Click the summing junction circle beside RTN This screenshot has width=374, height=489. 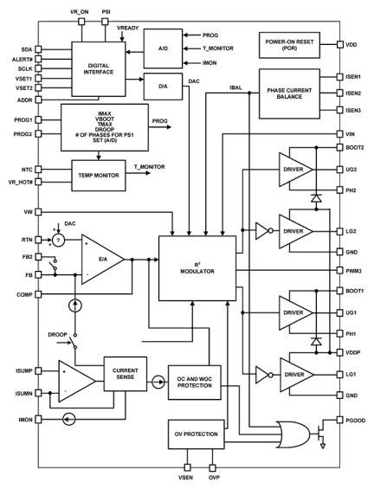point(57,240)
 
